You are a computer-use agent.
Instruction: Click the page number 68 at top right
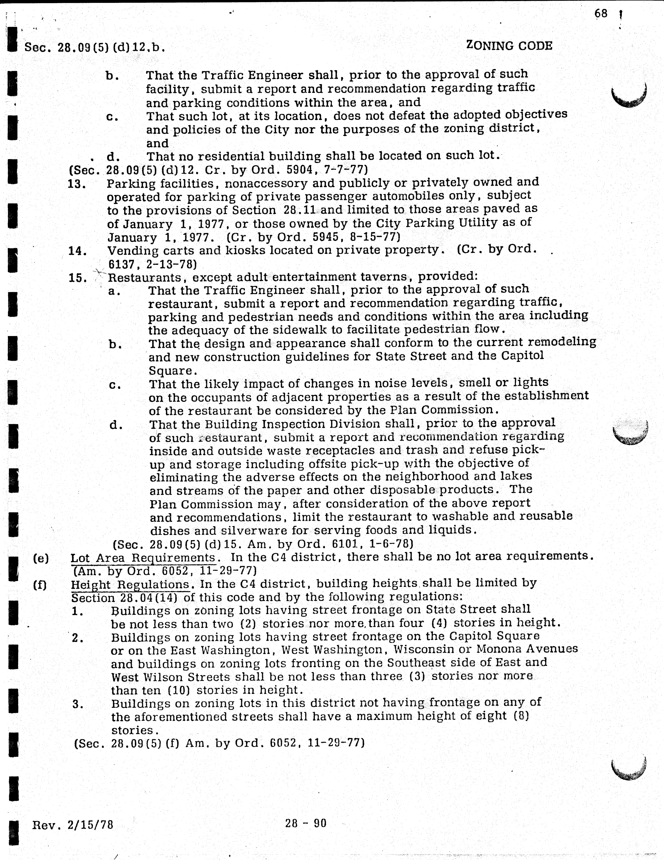(x=601, y=14)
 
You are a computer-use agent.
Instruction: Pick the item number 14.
(x=77, y=251)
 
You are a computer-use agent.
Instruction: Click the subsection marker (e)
(x=41, y=558)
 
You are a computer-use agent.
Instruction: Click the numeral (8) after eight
(x=521, y=715)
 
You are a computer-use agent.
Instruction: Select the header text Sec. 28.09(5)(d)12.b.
(x=95, y=48)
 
